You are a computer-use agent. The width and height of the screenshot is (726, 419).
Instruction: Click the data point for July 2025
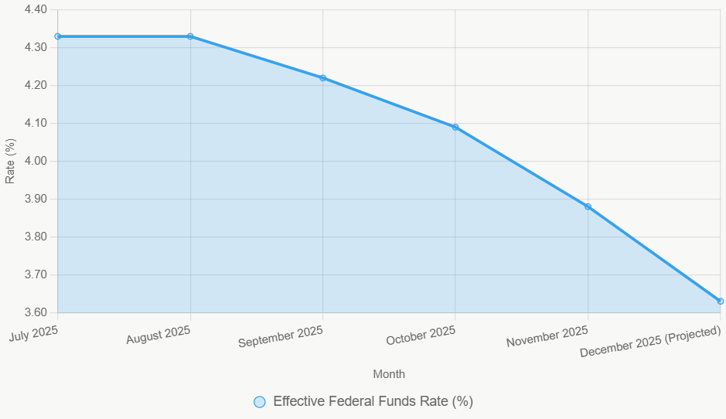pos(58,36)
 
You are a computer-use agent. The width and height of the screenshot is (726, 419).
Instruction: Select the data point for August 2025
pos(190,36)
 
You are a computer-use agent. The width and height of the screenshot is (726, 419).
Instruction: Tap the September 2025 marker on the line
pos(322,78)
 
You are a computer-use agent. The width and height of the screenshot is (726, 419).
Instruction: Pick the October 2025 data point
pos(455,127)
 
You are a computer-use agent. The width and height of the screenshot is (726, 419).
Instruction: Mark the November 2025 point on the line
pos(588,206)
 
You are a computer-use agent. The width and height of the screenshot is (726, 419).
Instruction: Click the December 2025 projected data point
pos(720,301)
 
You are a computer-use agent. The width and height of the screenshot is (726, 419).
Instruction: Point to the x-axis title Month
pos(389,374)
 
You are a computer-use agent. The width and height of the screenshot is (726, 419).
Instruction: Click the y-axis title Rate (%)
pos(10,161)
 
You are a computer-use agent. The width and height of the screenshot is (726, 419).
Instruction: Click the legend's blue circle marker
pos(260,401)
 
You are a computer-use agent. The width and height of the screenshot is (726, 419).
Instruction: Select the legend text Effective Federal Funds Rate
pos(373,401)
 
